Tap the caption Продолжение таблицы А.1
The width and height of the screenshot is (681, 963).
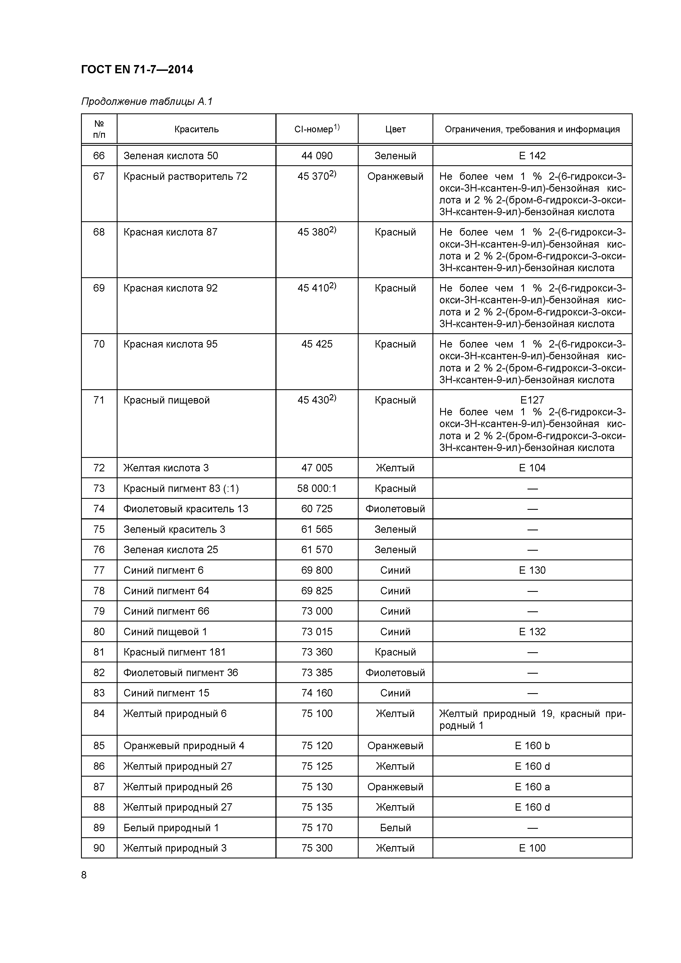coord(147,102)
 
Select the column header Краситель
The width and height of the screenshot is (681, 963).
coord(196,129)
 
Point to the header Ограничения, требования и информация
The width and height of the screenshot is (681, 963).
coord(532,129)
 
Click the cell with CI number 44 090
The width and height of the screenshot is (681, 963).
coord(317,156)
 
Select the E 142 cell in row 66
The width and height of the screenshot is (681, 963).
coord(532,156)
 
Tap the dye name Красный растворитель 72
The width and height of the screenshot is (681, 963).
coord(185,176)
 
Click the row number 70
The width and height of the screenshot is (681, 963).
coord(99,344)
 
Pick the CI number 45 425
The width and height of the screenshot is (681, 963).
coord(317,344)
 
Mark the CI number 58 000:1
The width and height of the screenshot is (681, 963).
coord(317,488)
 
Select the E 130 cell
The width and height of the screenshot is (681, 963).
coord(532,570)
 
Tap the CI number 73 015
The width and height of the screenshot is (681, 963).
coord(317,632)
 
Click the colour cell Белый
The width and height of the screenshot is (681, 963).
coord(395,827)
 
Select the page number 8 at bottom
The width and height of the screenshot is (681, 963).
coord(84,875)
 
